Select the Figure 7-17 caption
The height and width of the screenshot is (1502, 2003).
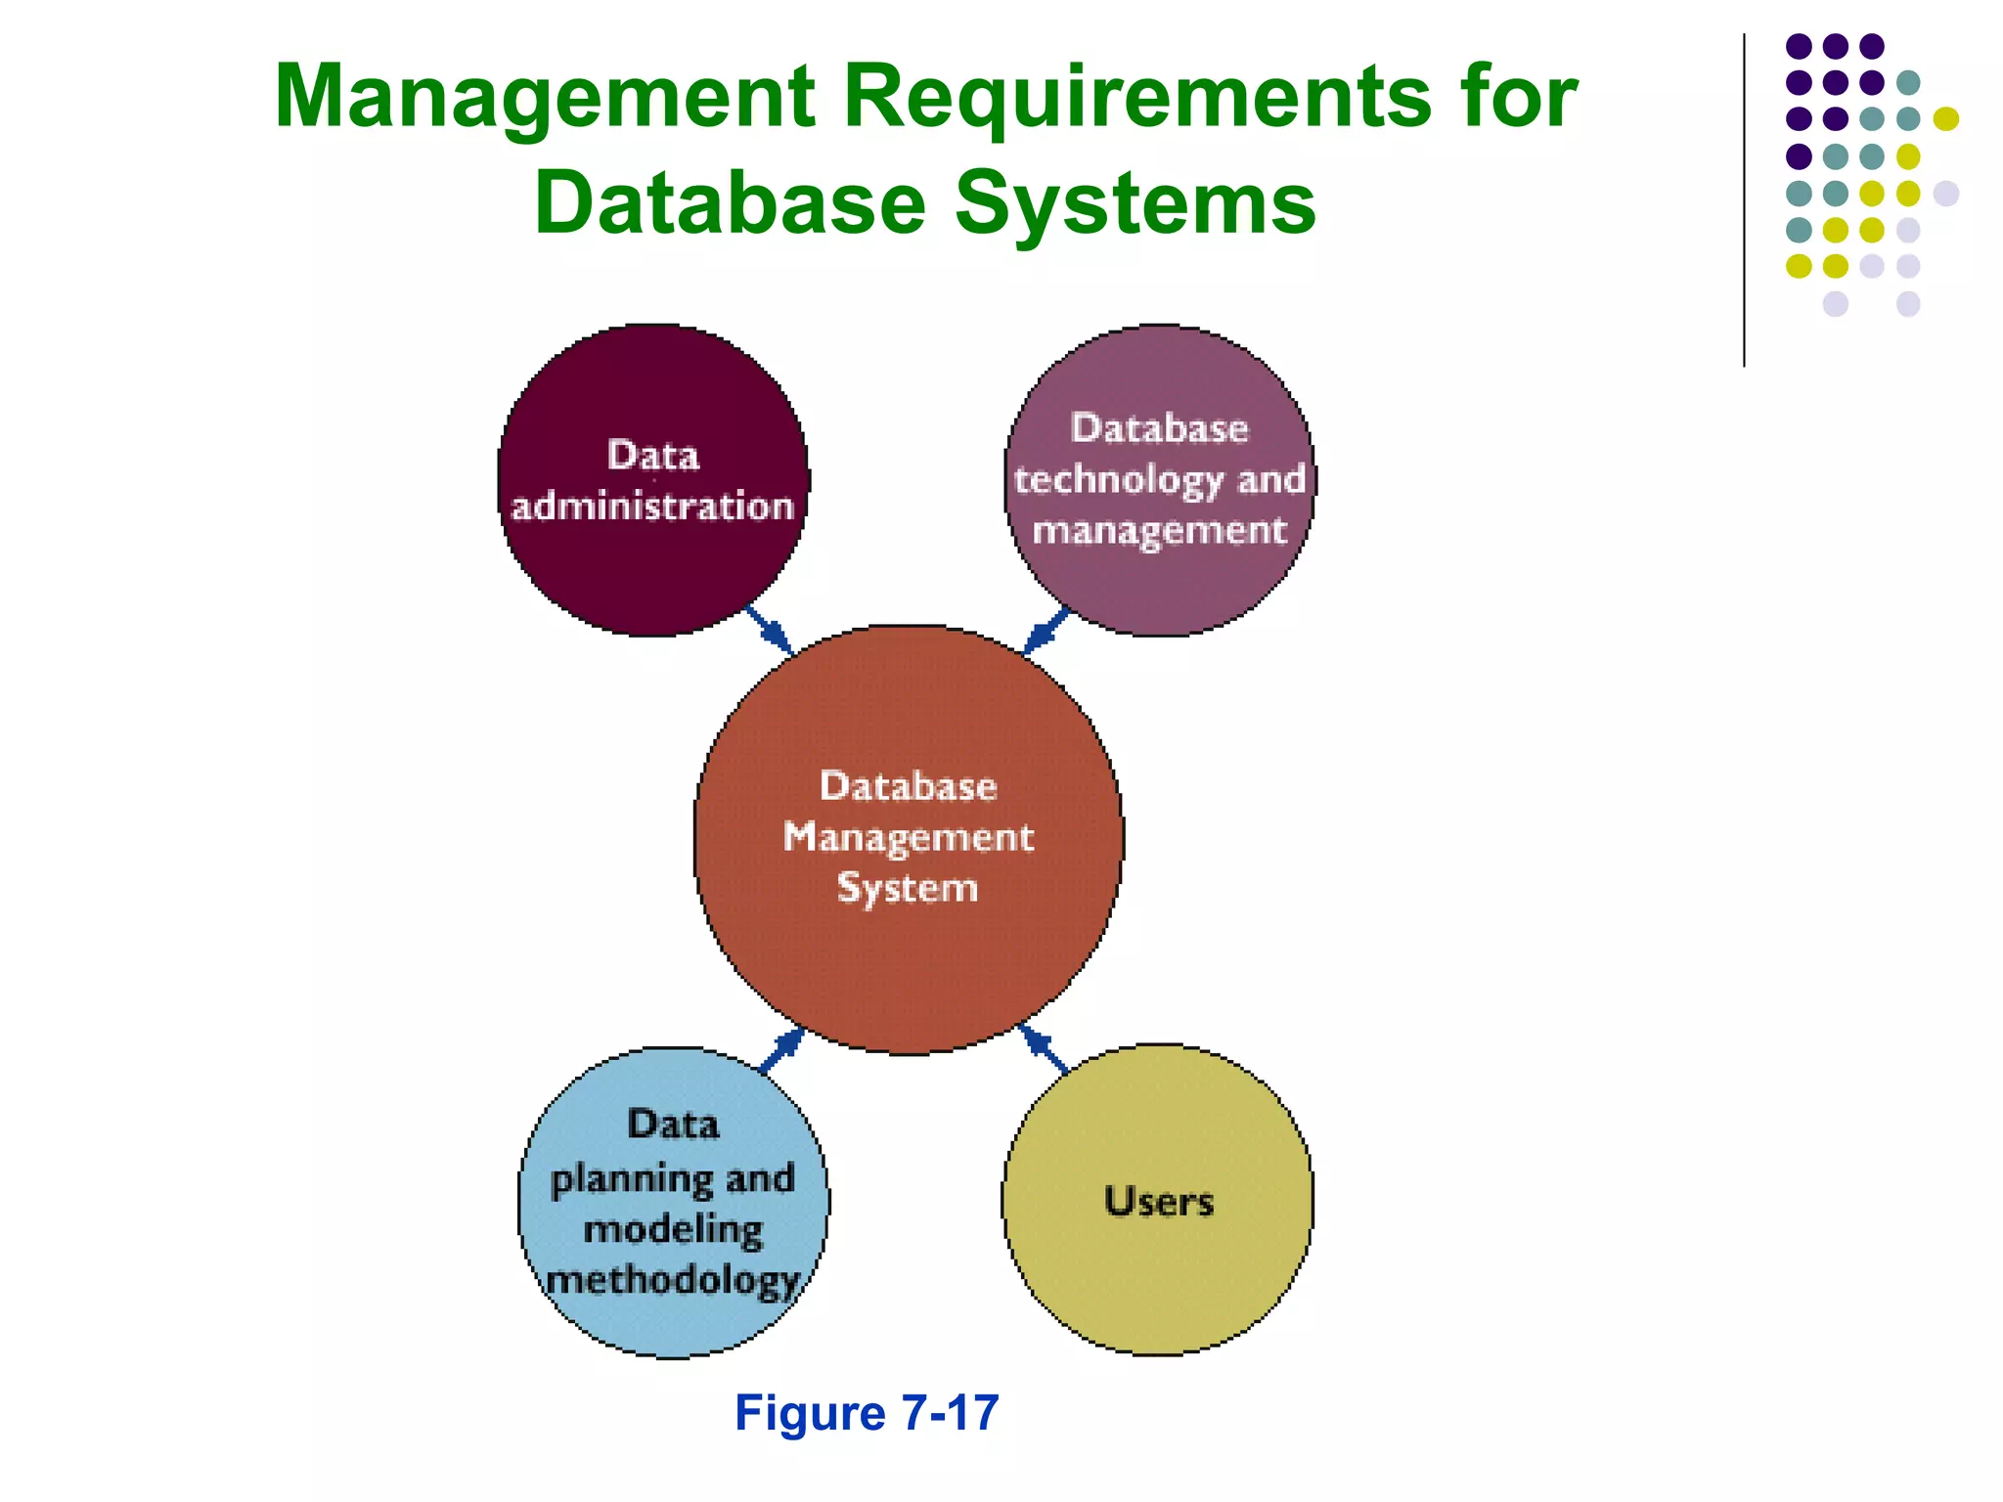[867, 1413]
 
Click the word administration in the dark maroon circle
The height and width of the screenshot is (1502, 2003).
[652, 507]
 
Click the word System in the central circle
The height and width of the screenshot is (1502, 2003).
[908, 888]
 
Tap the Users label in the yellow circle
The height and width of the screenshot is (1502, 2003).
[1159, 1201]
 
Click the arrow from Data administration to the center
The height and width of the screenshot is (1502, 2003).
[770, 630]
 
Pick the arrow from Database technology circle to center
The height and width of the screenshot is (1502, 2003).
[1046, 630]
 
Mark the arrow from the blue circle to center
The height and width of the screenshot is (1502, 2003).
[781, 1052]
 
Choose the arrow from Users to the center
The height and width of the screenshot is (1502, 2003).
[1042, 1049]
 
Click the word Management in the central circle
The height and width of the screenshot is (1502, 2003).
[908, 837]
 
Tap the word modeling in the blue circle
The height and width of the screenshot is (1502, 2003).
[673, 1230]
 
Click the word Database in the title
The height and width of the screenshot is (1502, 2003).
[730, 203]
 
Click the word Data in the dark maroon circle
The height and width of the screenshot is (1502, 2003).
[653, 456]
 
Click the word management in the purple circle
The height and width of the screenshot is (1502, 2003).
[1160, 531]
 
